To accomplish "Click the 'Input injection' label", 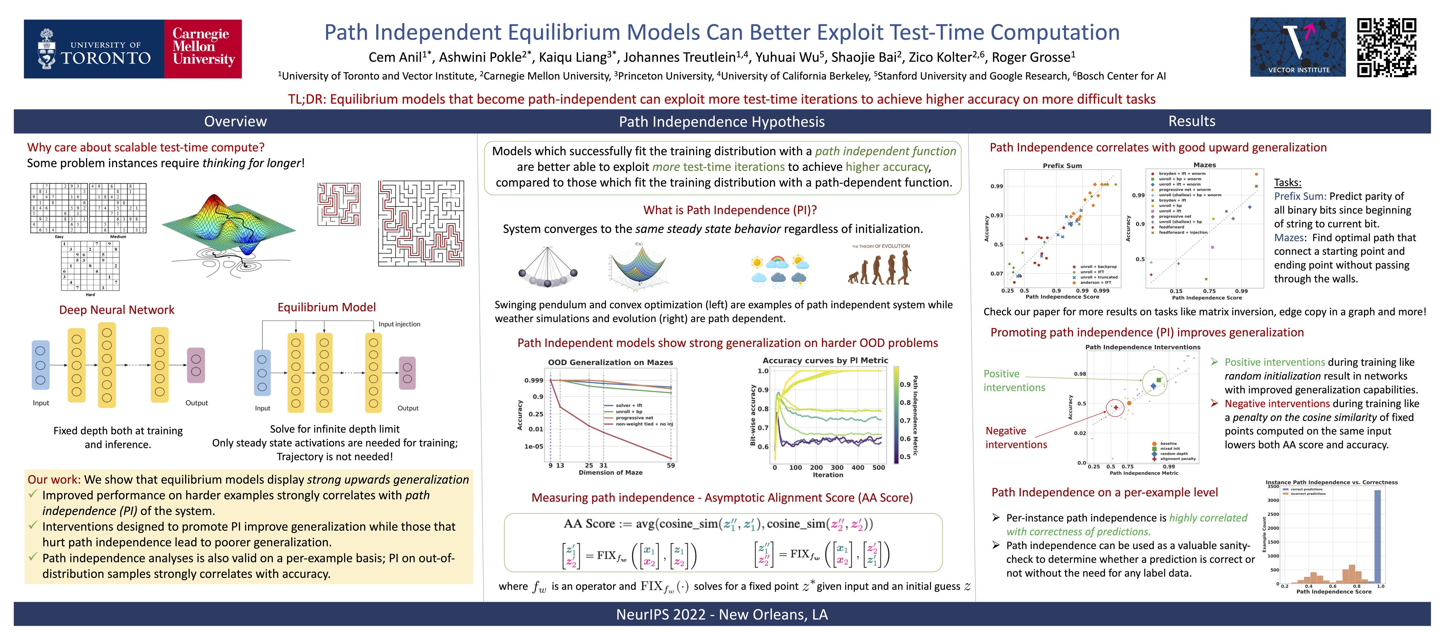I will [399, 324].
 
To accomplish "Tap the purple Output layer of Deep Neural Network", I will [196, 365].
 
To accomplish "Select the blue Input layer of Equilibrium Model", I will [262, 373].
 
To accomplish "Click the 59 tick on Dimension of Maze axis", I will [670, 466].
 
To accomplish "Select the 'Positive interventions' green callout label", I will [1014, 380].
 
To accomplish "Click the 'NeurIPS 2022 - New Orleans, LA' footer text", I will [722, 615].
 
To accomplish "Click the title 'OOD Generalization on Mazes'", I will [610, 362].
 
